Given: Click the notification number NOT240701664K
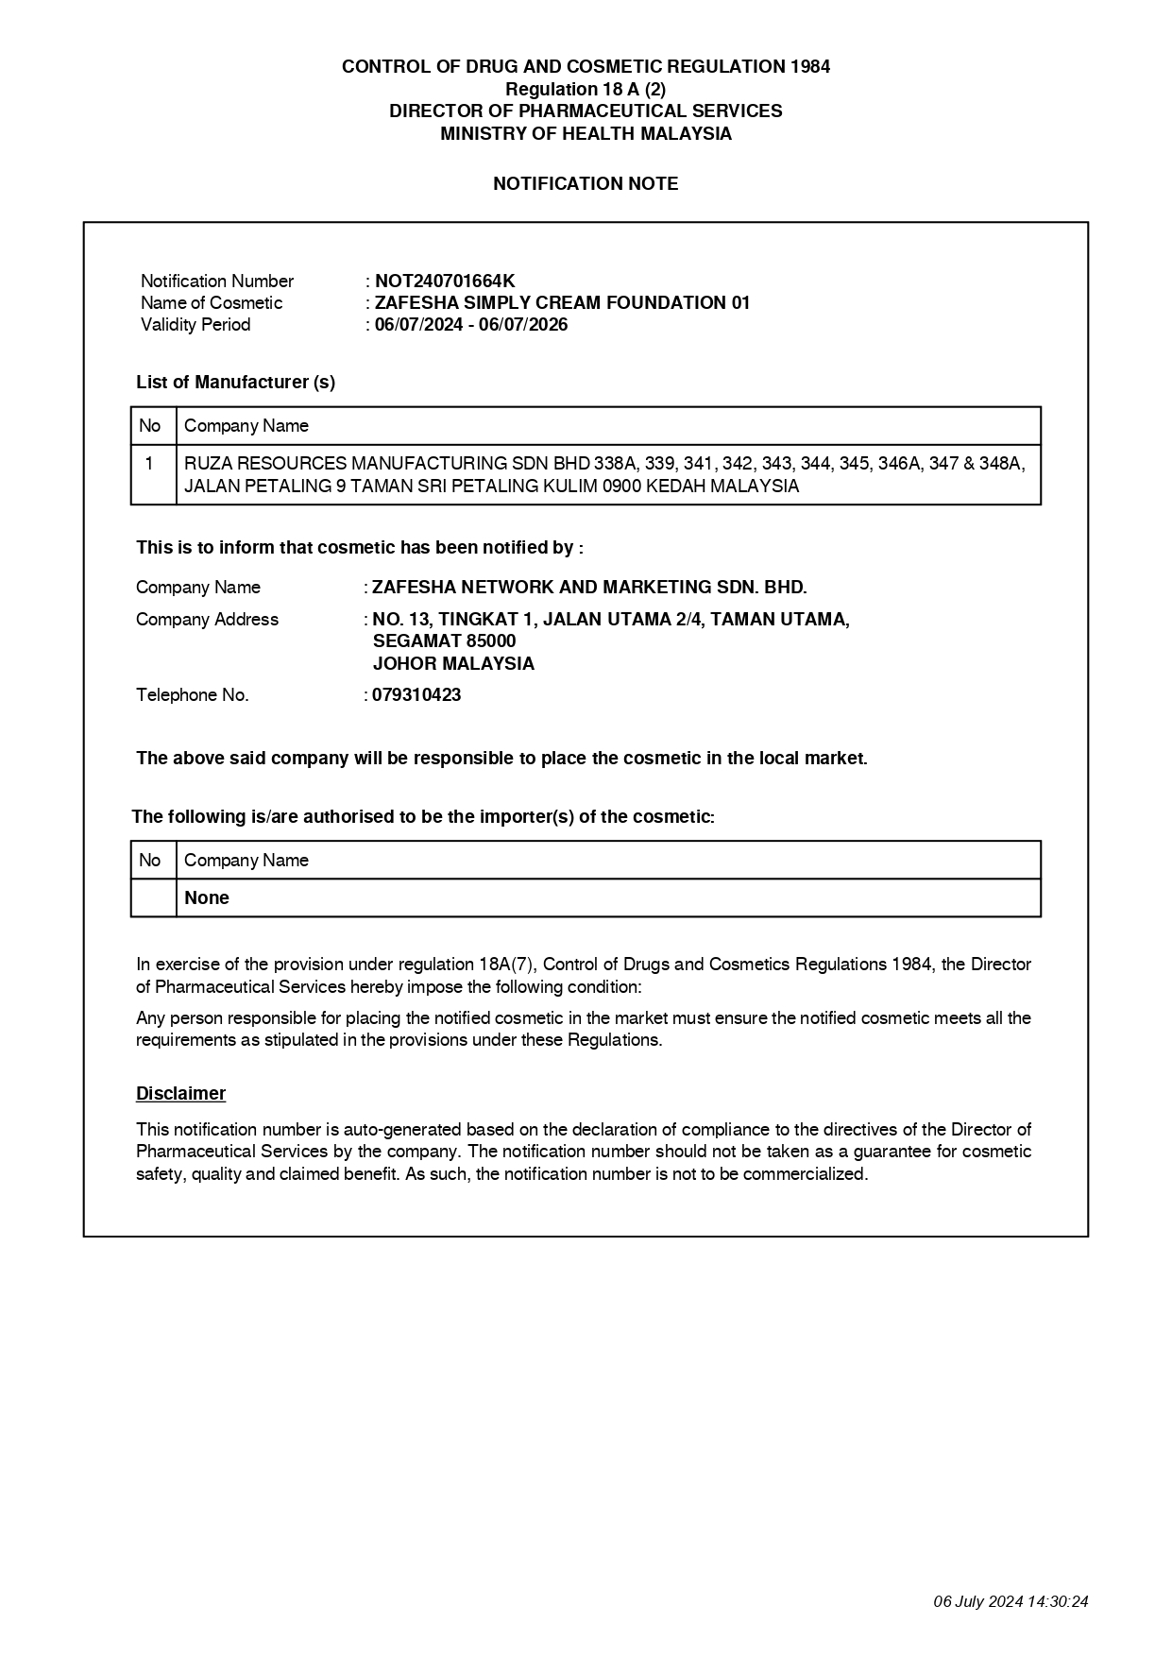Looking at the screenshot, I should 445,281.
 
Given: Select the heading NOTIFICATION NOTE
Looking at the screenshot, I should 586,184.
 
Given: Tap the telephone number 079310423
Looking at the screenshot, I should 416,695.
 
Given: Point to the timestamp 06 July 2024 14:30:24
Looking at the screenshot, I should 1011,1601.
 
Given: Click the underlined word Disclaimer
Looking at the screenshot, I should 180,1094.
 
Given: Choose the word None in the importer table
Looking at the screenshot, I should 207,898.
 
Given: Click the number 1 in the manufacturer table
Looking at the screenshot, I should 149,464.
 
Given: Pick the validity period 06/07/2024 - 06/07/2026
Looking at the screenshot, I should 471,325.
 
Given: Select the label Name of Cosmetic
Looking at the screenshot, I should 212,303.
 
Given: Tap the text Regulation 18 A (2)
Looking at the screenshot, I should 586,89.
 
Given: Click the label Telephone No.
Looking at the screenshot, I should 193,695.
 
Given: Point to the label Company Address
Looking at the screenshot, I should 207,620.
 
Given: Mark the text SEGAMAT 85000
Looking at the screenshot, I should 444,641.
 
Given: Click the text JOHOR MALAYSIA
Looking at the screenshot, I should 453,664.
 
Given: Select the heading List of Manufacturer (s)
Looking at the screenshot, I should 235,383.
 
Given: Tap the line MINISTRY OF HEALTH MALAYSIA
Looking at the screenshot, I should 586,133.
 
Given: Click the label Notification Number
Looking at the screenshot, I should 217,282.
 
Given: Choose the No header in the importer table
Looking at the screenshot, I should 149,861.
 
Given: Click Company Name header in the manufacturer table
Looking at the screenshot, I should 246,426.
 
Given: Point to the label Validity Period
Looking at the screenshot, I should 195,325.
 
